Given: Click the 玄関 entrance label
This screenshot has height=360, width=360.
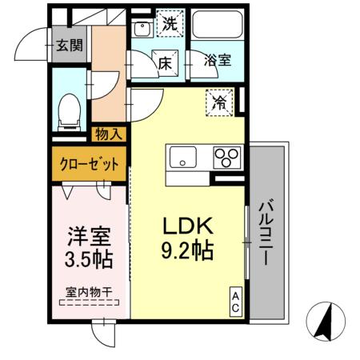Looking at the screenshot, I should click(x=68, y=45).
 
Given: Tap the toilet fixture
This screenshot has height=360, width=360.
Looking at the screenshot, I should click(x=70, y=110).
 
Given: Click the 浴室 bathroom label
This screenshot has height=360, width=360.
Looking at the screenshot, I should click(x=217, y=60).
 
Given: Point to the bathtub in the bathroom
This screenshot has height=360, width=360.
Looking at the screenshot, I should click(x=216, y=26).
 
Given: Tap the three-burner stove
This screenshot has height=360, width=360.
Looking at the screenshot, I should click(x=227, y=157).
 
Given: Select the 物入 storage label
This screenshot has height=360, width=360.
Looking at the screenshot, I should click(x=109, y=134).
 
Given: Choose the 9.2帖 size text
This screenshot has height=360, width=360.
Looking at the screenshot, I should click(x=188, y=251).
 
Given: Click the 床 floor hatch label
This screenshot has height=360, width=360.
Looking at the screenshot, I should click(x=164, y=62).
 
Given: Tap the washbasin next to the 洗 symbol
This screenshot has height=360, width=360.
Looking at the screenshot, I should click(x=142, y=30).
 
